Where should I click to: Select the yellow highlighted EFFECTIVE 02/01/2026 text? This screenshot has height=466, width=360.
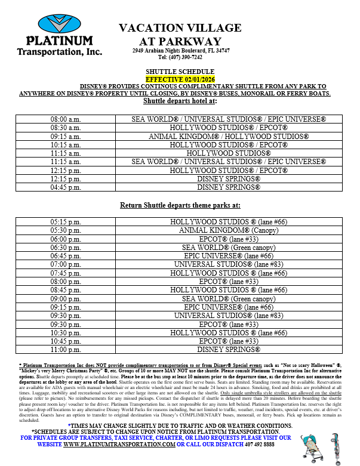(180, 78)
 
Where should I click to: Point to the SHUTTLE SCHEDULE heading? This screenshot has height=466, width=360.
(180, 71)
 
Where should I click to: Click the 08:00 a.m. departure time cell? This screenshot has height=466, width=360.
(66, 119)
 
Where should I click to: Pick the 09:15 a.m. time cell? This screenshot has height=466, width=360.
(66, 137)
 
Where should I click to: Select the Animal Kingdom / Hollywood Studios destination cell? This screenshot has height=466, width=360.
(229, 137)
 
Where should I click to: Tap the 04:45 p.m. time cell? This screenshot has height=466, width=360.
(66, 187)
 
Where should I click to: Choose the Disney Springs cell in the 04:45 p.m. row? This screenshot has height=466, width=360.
(229, 187)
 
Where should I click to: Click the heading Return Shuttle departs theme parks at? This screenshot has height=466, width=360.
(180, 205)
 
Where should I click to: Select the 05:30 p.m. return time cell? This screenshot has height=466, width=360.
(66, 230)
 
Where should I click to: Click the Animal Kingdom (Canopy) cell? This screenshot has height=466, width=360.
(229, 230)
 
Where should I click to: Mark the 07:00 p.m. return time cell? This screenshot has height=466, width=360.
(66, 264)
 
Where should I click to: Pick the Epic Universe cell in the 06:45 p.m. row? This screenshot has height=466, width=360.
(229, 256)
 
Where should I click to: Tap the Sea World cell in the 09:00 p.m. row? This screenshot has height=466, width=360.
(229, 298)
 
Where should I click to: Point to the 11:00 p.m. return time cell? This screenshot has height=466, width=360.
(66, 350)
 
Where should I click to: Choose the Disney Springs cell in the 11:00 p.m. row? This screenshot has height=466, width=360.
(229, 350)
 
